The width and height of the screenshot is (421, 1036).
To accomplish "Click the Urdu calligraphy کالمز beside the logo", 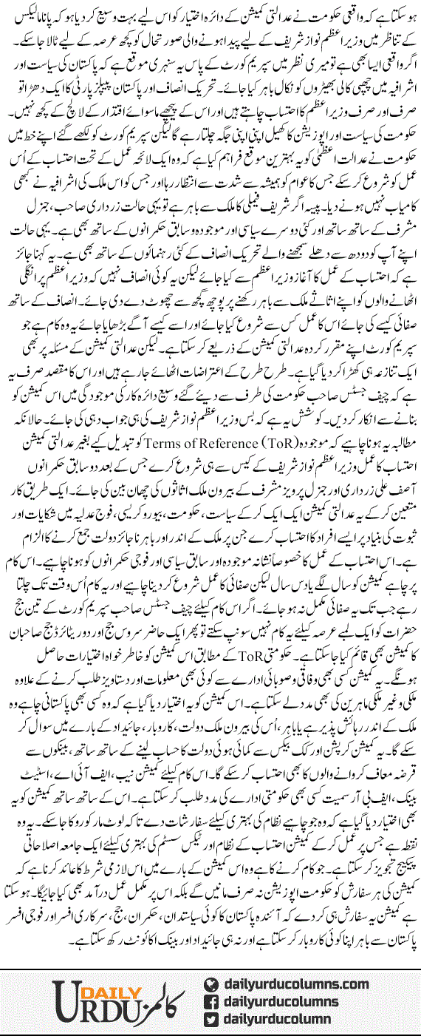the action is [x=148, y=1000].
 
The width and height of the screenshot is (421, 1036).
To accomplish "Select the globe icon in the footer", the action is [x=211, y=984].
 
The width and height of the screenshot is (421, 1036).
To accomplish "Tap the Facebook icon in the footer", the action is [x=211, y=1002].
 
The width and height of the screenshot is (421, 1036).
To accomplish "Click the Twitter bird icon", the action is [x=211, y=1020].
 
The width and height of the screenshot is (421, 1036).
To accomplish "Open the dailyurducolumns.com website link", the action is [x=295, y=984].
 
